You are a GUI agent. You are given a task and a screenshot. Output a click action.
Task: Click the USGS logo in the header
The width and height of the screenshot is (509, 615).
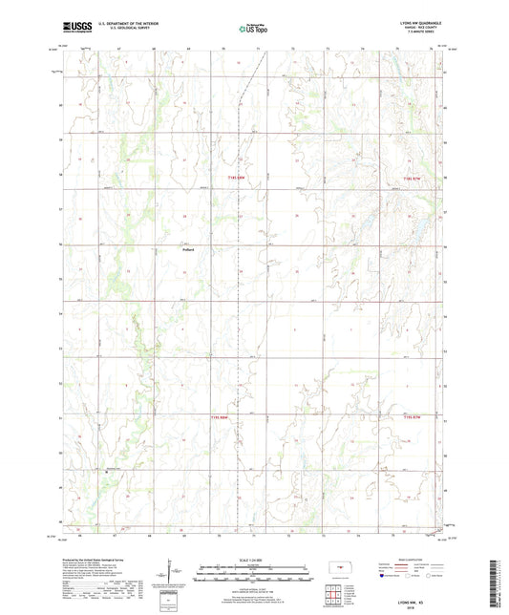[x=75, y=27]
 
